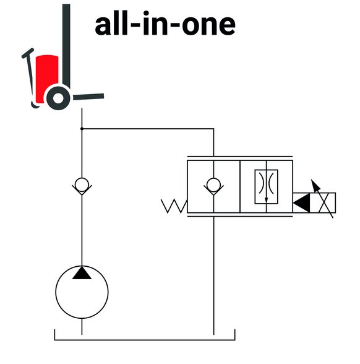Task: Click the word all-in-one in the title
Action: (x=165, y=24)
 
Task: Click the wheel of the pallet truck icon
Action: (x=58, y=98)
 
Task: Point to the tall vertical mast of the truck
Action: (x=66, y=46)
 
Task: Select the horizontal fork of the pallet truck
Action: (x=88, y=97)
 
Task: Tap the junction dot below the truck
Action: (x=82, y=129)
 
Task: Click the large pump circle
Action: (x=56, y=292)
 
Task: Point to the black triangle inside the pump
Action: (x=82, y=273)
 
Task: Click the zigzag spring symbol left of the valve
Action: (x=174, y=206)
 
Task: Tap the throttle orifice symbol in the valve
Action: (x=266, y=186)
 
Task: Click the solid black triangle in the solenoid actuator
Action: (x=302, y=202)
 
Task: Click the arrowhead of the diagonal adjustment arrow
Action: (x=315, y=184)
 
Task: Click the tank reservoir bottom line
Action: (x=145, y=340)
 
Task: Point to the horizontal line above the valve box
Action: (x=240, y=157)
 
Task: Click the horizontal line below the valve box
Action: (x=240, y=217)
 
